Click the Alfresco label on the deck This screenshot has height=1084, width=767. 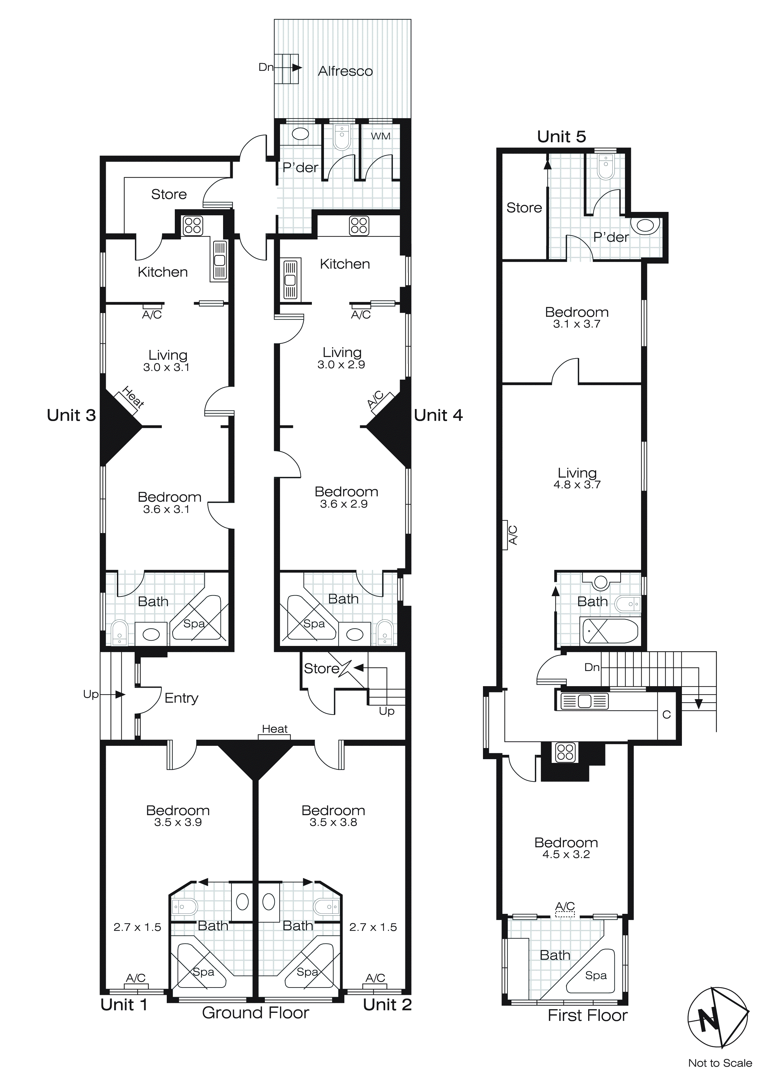point(345,71)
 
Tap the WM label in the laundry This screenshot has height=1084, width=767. point(380,136)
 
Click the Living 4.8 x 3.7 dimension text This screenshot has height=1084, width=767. point(577,484)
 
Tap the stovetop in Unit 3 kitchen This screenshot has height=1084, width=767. point(193,226)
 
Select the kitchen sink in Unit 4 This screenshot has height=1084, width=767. point(290,279)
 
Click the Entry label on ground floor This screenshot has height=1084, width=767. point(181,698)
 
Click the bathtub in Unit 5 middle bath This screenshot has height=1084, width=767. point(610,631)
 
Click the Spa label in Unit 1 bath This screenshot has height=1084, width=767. point(204,972)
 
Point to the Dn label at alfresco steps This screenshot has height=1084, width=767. point(265,67)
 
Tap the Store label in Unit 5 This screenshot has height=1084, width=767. point(524,208)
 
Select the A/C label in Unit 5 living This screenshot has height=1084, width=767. point(512,535)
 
